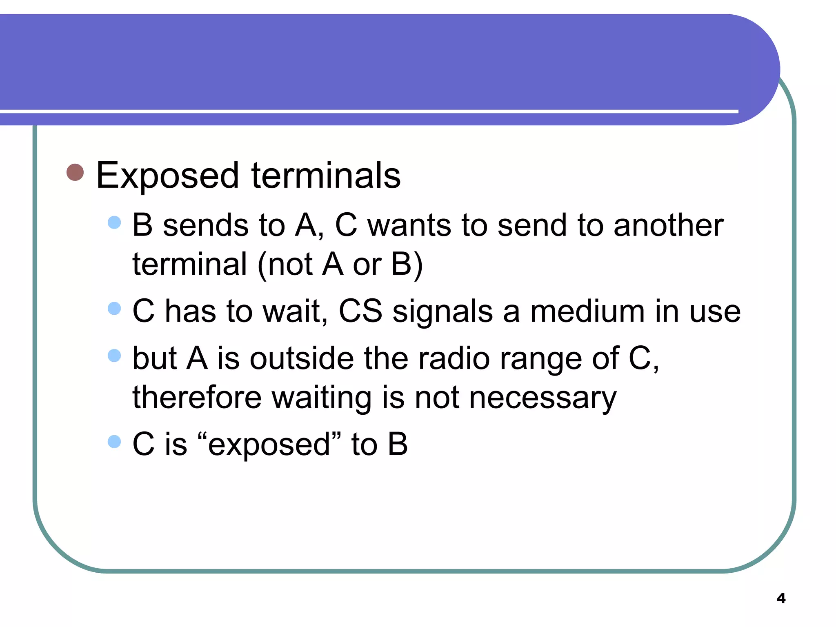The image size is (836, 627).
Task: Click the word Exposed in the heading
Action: [x=167, y=176]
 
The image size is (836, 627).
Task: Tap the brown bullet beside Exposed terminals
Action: [x=75, y=172]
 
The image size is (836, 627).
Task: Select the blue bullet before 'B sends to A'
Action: [x=114, y=222]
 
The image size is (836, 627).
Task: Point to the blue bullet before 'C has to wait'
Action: [x=114, y=309]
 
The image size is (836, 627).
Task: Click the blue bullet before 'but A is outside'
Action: [x=114, y=356]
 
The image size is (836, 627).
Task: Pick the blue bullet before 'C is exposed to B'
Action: [x=114, y=442]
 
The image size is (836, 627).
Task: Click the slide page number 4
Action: [x=781, y=598]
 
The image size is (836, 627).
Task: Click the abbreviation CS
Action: [x=360, y=311]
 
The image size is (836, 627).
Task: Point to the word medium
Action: [x=588, y=311]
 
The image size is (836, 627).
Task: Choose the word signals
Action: [x=442, y=311]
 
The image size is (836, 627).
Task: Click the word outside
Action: [x=302, y=358]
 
